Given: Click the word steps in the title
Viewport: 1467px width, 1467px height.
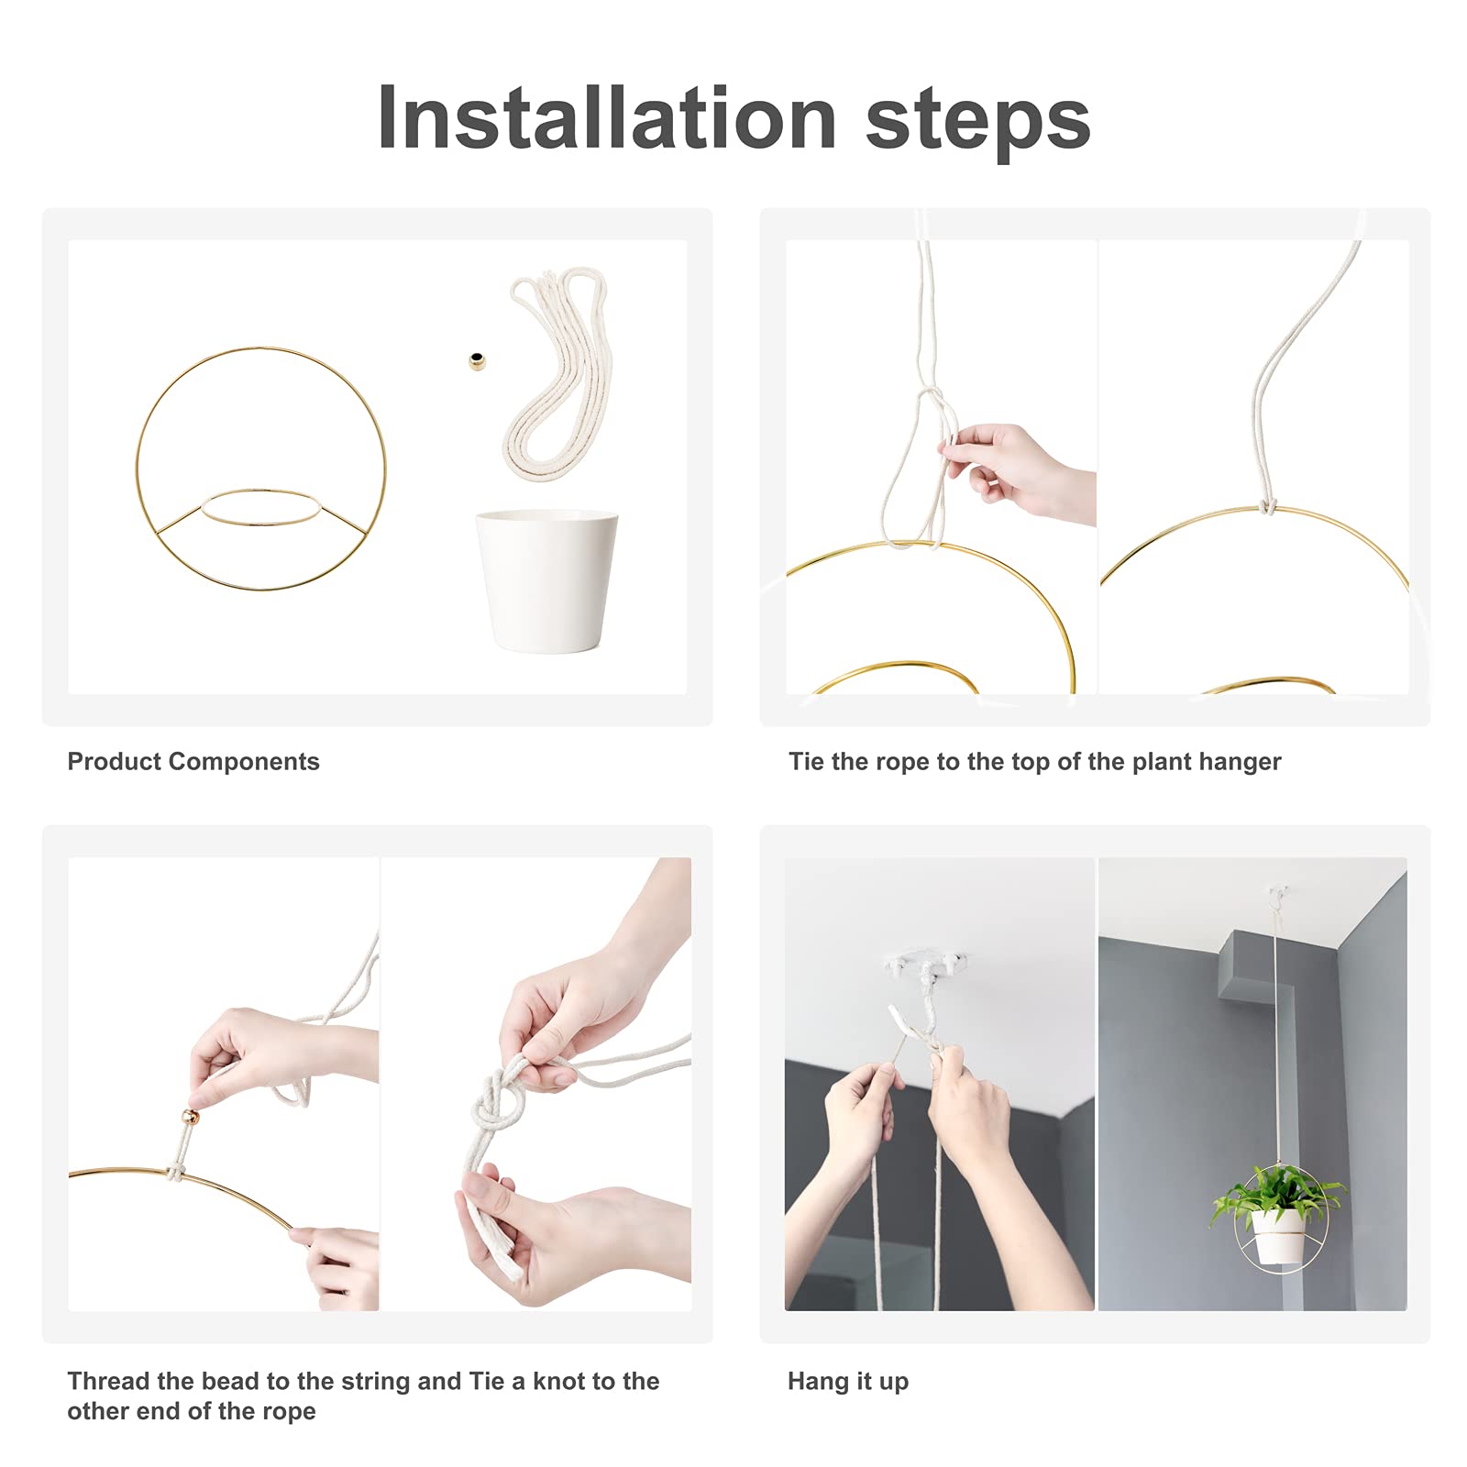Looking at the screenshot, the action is pyautogui.click(x=978, y=121).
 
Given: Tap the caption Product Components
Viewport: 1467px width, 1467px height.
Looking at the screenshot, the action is pyautogui.click(x=193, y=762).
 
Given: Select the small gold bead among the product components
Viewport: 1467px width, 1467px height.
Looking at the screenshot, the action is pyautogui.click(x=477, y=361).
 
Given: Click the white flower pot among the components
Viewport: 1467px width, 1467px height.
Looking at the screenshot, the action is pyautogui.click(x=547, y=581).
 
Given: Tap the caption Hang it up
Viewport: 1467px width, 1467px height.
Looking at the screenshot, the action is pyautogui.click(x=848, y=1382).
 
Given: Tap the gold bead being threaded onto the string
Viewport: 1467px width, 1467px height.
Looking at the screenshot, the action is pyautogui.click(x=191, y=1117).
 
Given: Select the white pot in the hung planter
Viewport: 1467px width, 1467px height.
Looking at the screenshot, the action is pyautogui.click(x=1278, y=1235).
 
